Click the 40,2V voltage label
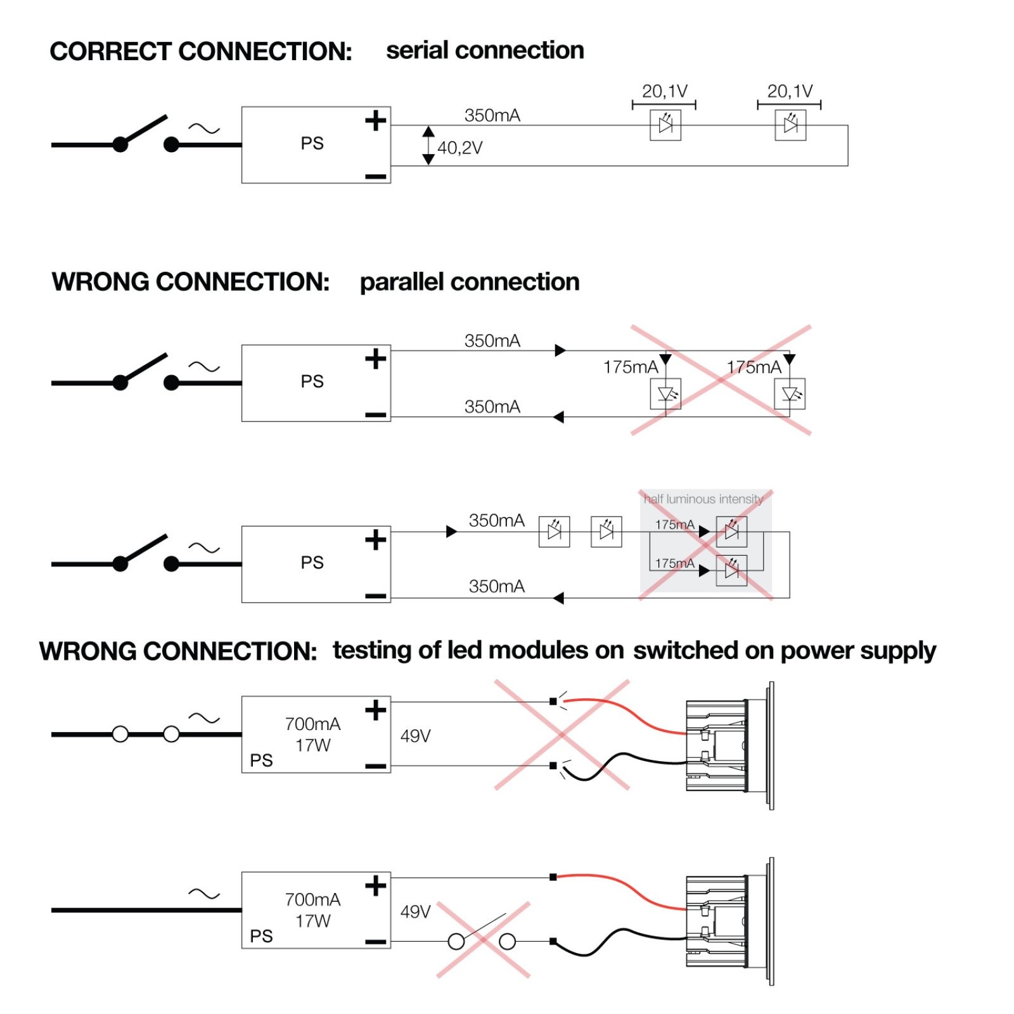pos(460,148)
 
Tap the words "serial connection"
pos(485,50)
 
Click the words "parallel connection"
pos(470,282)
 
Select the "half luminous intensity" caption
pos(703,499)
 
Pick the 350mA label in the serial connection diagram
pos(492,115)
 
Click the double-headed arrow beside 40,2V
pos(428,145)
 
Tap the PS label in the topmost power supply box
pos(312,143)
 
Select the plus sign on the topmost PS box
pos(376,120)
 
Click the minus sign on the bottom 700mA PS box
pos(376,942)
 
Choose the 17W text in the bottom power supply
pos(313,921)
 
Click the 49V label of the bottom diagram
pos(416,911)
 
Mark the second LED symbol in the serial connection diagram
pos(790,125)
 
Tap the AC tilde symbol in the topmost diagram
pos(204,129)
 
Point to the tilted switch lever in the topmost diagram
pos(144,131)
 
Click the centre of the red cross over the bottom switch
pos(483,940)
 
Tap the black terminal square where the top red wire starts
pos(553,702)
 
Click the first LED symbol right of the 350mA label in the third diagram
pos(554,531)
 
